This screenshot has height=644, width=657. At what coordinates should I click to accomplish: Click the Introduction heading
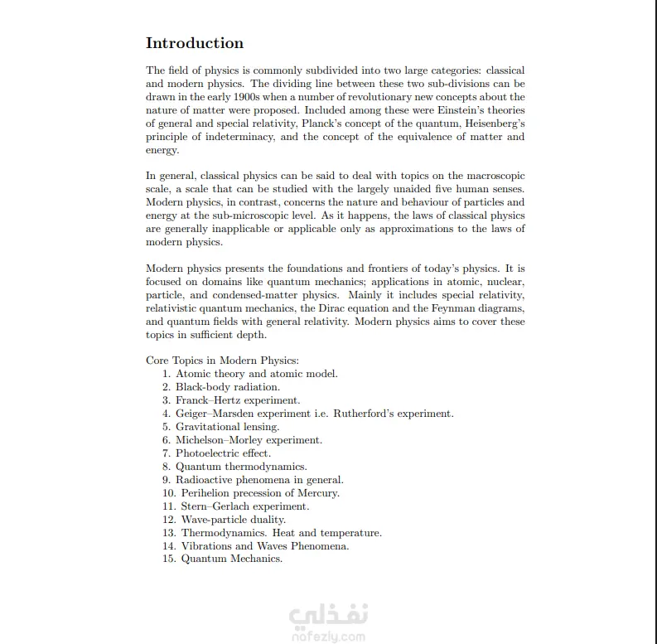[x=195, y=43]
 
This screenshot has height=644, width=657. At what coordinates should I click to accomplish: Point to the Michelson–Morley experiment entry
[x=249, y=440]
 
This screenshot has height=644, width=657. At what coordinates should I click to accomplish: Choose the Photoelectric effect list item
[x=223, y=453]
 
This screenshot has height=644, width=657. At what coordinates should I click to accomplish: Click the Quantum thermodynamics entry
[x=240, y=467]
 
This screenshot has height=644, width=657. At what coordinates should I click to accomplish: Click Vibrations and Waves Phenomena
[x=265, y=546]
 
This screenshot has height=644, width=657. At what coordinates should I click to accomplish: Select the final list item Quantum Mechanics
[x=232, y=559]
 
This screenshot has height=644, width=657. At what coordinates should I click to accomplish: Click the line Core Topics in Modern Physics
[x=222, y=361]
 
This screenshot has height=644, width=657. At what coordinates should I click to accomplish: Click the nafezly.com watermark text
[x=328, y=637]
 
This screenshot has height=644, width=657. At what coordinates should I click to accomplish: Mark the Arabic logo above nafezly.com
[x=328, y=617]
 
